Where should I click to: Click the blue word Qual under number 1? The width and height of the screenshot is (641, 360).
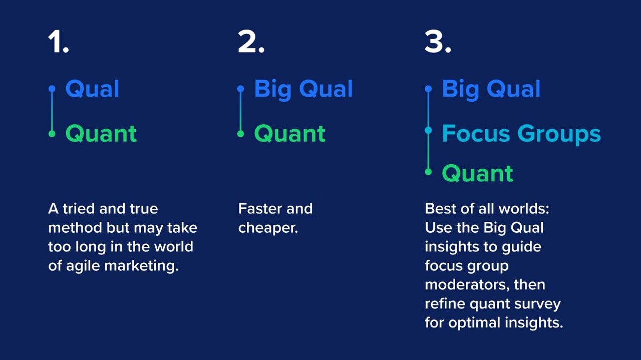(x=92, y=89)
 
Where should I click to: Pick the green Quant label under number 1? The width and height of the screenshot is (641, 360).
(x=101, y=134)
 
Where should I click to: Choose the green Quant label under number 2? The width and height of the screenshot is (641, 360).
(x=289, y=134)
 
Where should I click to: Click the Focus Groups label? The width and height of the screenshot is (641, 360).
(x=521, y=134)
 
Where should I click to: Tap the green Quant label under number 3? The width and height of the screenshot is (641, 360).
(x=477, y=173)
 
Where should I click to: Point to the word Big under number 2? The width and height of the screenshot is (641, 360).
(x=273, y=90)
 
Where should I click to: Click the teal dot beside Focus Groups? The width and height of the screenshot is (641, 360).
(x=428, y=131)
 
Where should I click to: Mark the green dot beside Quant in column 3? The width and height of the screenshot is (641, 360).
(x=428, y=172)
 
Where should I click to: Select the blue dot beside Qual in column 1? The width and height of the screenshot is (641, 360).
(x=52, y=89)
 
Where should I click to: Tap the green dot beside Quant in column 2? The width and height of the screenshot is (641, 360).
(x=241, y=134)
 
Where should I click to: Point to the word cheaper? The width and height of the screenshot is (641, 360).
(x=268, y=228)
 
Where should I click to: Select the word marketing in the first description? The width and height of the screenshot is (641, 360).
(x=141, y=266)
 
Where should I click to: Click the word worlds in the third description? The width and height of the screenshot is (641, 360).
(x=524, y=209)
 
